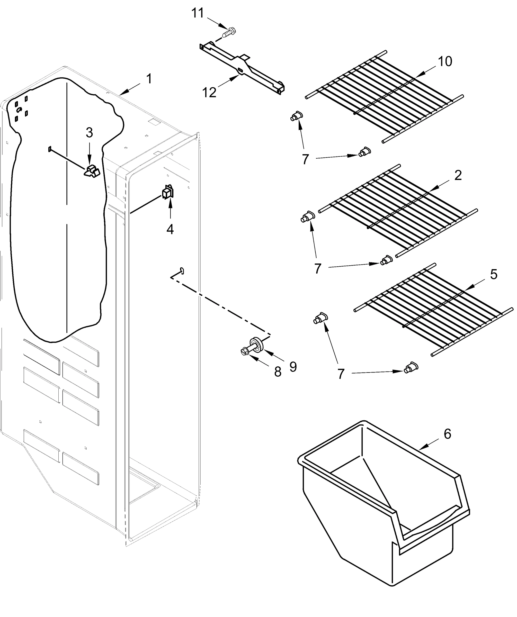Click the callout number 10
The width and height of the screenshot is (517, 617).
445,61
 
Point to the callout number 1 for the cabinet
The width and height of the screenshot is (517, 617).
149,79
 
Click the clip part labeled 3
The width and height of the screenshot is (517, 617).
92,171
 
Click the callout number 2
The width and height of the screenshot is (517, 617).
458,175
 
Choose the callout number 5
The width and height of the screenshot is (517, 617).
494,274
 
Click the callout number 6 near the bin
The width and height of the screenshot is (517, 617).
447,434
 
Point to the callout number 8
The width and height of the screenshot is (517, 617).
278,372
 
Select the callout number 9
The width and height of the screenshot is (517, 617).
293,366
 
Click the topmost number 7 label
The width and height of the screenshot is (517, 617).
305,160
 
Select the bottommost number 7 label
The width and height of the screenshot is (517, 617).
341,374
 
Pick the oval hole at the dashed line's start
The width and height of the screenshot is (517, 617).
182,270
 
